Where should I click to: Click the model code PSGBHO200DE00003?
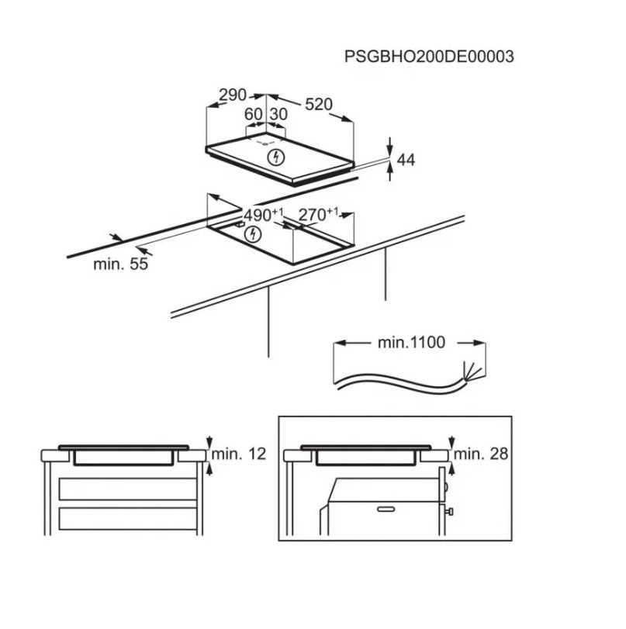pos(429,57)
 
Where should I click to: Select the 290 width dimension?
pos(233,95)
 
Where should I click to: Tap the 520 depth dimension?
pos(319,104)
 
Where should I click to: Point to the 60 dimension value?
pos(253,114)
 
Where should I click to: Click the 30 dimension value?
pos(278,114)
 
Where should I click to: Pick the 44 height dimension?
pos(406,160)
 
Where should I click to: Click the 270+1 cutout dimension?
pos(318,214)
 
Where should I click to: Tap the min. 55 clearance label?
pos(121,264)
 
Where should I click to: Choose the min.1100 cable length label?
pos(411,343)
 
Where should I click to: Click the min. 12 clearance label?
pos(239,454)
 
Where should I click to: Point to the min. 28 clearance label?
pos(481,454)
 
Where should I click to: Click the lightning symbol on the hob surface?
pos(275,157)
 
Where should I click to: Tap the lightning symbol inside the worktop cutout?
pos(253,234)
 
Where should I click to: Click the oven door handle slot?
pos(386,510)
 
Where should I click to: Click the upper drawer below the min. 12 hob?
pos(128,489)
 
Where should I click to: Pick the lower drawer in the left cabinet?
pos(128,519)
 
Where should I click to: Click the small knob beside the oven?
pos(450,512)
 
